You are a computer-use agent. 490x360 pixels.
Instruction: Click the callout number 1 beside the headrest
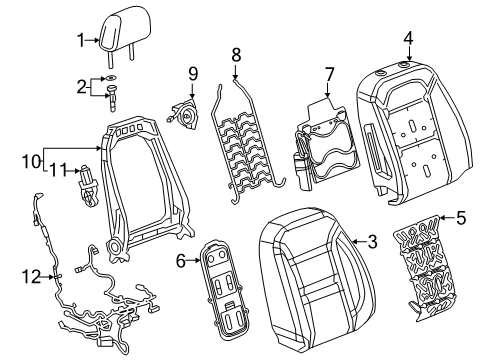(81, 40)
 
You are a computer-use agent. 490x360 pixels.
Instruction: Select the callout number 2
(81, 87)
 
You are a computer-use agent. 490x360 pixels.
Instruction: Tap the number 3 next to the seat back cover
(372, 241)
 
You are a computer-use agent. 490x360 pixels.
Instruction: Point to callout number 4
(408, 38)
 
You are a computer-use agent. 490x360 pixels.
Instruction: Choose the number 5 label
(461, 218)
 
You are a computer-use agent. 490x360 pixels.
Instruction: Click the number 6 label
(180, 261)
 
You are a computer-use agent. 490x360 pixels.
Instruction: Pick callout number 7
(329, 74)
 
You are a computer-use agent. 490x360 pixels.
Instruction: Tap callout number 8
(236, 55)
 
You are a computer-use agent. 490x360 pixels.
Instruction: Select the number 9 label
(193, 74)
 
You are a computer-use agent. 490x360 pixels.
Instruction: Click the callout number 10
(31, 162)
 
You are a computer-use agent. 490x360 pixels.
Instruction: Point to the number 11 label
(59, 171)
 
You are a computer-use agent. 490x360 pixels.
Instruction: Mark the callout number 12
(31, 277)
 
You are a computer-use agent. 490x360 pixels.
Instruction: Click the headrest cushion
(125, 32)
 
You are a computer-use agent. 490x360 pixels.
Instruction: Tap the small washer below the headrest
(110, 78)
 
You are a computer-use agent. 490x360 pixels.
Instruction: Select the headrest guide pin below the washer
(111, 98)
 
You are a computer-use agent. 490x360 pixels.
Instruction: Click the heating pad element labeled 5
(422, 268)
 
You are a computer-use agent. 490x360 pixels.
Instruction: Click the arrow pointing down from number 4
(409, 54)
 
